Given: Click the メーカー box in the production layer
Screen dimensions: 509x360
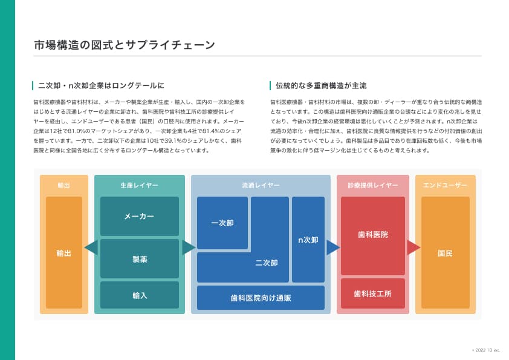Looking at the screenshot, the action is (x=139, y=216).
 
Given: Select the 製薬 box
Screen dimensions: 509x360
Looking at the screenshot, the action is (x=139, y=259).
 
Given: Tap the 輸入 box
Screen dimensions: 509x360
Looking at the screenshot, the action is (x=139, y=295).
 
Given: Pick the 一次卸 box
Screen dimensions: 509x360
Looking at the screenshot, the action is (x=222, y=223).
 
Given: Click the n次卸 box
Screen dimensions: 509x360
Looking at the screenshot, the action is (x=308, y=240).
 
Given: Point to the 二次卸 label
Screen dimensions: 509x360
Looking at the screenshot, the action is (x=267, y=263).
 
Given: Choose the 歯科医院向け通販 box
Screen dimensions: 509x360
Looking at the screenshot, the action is (x=261, y=298).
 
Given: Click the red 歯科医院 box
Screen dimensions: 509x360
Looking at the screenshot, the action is (x=372, y=235).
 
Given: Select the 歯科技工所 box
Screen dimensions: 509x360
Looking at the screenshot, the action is (x=372, y=293).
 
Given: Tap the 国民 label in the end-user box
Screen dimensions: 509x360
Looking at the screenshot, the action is (x=445, y=253).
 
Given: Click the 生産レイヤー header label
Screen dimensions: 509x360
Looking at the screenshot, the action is (x=139, y=185).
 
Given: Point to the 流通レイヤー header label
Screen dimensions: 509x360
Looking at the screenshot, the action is (x=261, y=185).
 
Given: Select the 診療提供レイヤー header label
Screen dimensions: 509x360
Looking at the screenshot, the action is (x=372, y=185).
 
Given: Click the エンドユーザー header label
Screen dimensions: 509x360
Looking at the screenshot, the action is (x=445, y=185).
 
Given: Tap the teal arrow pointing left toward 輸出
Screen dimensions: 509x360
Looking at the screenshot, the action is (x=91, y=247).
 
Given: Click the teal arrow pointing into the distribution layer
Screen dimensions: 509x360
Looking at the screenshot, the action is (x=189, y=247).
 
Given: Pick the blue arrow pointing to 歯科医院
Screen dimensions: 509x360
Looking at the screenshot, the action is (x=333, y=247).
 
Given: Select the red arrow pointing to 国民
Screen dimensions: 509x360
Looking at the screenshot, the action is (x=413, y=247).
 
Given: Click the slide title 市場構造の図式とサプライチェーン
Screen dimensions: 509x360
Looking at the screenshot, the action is (x=125, y=45).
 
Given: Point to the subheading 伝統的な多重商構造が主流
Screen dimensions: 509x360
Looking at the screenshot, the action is (x=321, y=86).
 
